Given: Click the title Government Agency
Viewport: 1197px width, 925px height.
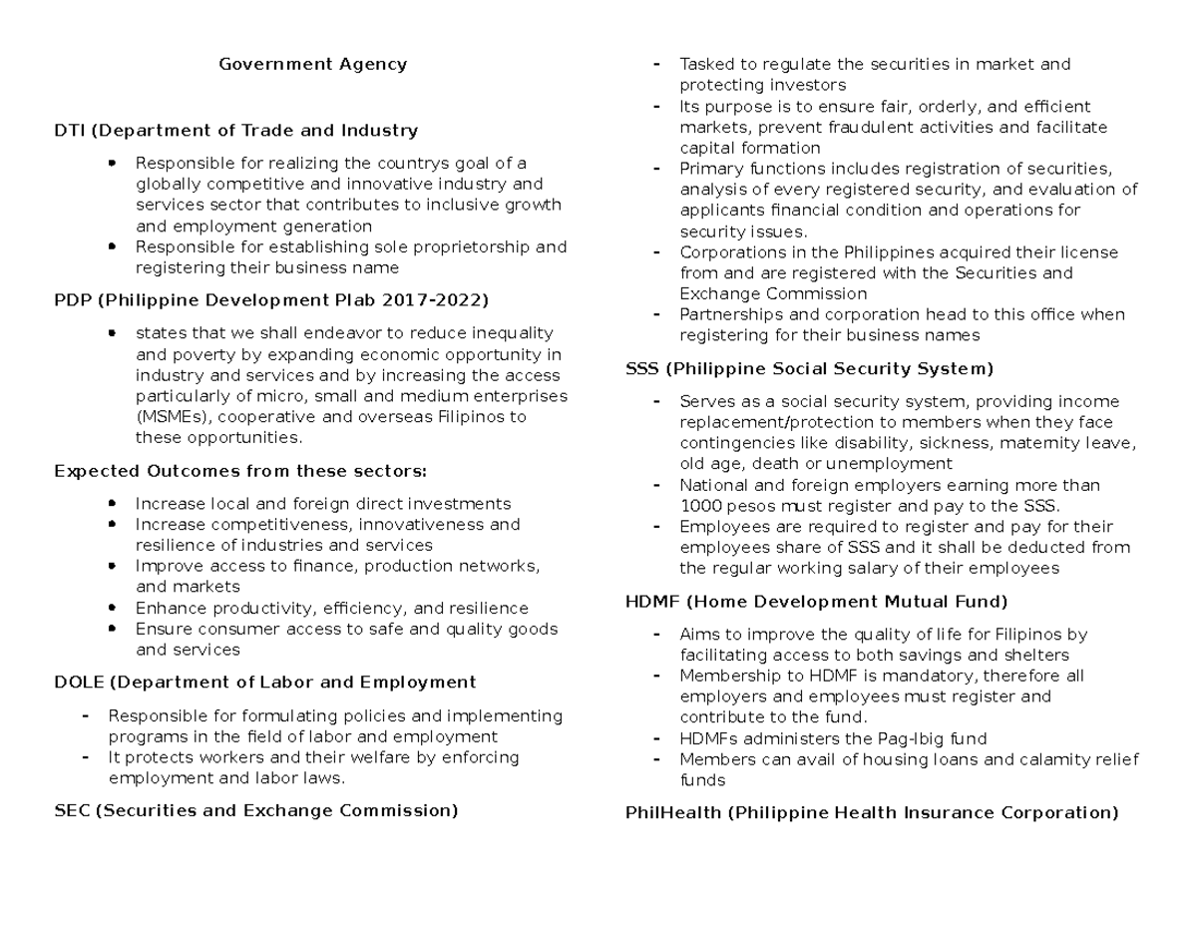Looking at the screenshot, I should [x=313, y=64].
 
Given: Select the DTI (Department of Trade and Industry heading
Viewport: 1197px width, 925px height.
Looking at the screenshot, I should [x=235, y=130].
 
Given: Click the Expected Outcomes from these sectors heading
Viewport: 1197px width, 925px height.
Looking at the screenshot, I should [x=239, y=471].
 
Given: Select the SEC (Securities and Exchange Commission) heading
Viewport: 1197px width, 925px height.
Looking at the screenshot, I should [x=255, y=810].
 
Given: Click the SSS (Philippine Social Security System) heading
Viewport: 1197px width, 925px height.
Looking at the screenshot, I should [x=809, y=369].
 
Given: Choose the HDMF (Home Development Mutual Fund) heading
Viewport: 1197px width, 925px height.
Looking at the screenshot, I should [x=816, y=602].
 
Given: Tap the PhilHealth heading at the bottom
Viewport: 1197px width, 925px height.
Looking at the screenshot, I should [x=871, y=812].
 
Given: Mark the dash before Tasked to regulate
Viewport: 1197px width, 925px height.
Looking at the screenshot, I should [x=655, y=65].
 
